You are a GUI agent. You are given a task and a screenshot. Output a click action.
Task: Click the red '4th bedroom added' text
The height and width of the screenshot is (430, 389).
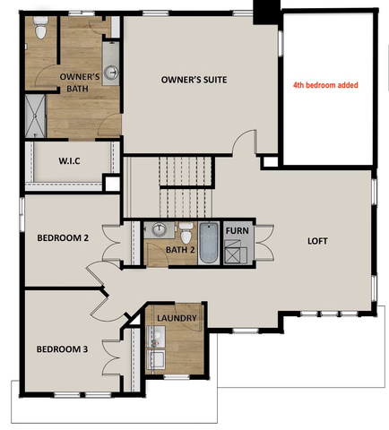point(325,85)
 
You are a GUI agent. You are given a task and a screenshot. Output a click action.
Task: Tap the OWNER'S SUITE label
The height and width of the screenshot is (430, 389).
point(194,80)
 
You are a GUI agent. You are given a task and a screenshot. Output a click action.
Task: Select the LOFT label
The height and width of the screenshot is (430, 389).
point(317,241)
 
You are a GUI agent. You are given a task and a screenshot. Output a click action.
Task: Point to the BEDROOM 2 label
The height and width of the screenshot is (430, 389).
point(63,238)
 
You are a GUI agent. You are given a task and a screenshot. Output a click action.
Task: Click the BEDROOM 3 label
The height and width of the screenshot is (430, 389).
point(62,349)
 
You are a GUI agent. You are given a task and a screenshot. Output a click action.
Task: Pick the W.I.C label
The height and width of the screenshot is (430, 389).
point(69,161)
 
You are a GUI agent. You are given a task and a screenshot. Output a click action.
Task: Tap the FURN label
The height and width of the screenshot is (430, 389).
point(238,230)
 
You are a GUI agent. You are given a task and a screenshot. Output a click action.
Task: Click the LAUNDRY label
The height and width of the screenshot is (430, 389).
point(177,318)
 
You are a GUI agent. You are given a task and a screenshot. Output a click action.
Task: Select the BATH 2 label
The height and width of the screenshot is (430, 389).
point(180,250)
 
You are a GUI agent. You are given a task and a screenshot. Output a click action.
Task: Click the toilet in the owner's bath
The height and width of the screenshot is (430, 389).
point(40,28)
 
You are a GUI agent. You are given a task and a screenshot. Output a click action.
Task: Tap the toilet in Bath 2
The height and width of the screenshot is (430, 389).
point(186,233)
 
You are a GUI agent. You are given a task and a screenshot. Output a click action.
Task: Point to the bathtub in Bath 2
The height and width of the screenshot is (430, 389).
point(209,243)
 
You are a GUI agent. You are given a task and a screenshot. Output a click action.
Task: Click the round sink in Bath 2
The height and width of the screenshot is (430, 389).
point(159,229)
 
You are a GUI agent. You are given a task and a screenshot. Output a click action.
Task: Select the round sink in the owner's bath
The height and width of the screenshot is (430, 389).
point(111,72)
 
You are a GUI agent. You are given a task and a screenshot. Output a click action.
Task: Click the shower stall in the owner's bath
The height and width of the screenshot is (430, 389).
point(35,116)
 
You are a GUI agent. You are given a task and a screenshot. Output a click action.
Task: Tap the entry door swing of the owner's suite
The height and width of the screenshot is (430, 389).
point(245,142)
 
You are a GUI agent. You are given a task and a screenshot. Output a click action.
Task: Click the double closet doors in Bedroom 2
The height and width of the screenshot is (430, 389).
point(111,244)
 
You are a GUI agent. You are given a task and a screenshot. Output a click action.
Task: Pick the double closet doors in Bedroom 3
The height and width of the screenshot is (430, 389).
point(111,357)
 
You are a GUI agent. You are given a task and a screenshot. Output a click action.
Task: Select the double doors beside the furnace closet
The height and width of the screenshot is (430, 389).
point(264,243)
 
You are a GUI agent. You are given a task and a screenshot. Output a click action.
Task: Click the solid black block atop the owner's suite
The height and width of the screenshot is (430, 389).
point(266,12)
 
